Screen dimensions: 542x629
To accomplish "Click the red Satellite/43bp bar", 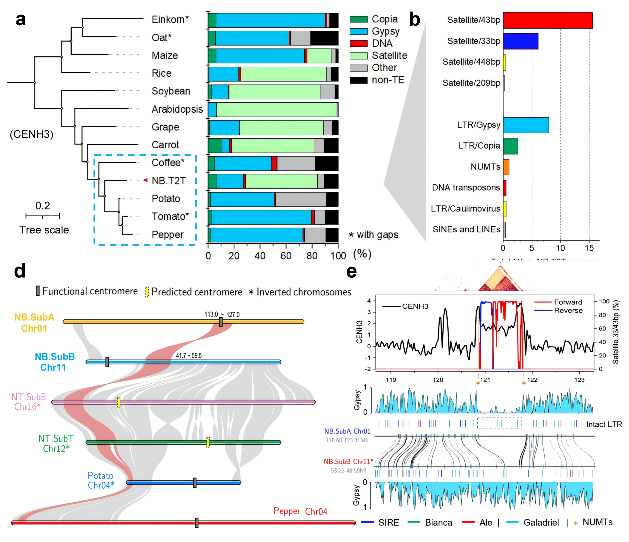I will coord(547,20).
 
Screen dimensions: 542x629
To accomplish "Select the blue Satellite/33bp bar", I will coord(520,41).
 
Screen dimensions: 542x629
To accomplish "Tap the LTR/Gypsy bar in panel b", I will coord(525,125).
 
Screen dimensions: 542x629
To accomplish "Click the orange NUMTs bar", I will coord(506,167).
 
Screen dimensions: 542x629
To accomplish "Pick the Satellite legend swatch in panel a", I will coord(358,55).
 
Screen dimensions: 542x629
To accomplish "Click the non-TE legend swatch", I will coord(358,80).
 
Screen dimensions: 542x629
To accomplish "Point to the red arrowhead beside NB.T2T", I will coord(145,180).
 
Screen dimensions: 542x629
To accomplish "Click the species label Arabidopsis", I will coord(177,109).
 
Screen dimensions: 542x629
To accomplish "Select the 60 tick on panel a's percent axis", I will coord(286,256).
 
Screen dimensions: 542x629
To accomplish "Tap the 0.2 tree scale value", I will coord(42,206).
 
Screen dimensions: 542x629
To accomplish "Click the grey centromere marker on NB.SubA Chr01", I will coord(221,322).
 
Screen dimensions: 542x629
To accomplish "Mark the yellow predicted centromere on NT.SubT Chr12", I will coord(208,442).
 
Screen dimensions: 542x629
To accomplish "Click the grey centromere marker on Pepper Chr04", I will coord(197,523).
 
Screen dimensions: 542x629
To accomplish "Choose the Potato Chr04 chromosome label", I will coord(101,480).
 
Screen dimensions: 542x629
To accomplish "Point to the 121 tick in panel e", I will coord(485,380).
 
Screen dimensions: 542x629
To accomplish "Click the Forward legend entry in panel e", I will coord(568,302).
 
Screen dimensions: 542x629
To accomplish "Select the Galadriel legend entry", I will coord(541,523).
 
